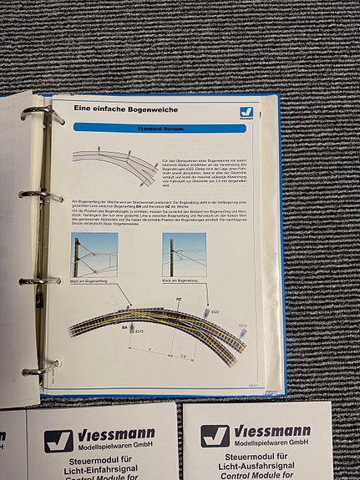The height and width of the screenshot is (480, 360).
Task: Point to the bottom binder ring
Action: [x=41, y=368]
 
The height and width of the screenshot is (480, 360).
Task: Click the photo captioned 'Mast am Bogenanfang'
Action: [x=94, y=255]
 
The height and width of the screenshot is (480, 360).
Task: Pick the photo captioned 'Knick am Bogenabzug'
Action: [x=184, y=255]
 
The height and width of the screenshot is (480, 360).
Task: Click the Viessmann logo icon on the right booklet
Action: [x=215, y=436]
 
